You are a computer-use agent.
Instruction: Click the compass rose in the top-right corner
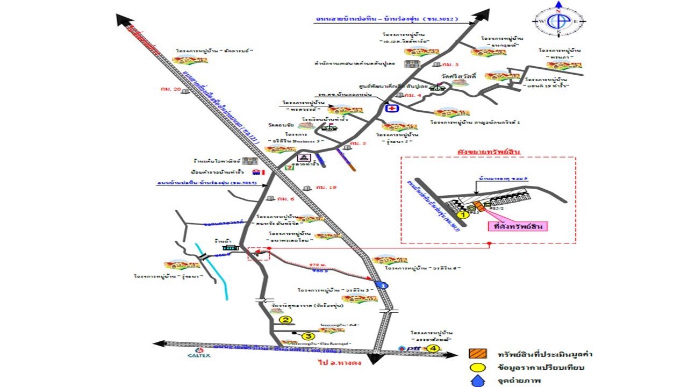pyautogui.click(x=558, y=21)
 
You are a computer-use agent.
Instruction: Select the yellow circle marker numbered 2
pyautogui.click(x=286, y=320)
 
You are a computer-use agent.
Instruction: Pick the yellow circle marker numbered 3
pyautogui.click(x=307, y=336)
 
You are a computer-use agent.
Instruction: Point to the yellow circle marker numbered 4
pyautogui.click(x=434, y=348)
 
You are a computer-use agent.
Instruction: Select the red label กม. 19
pyautogui.click(x=326, y=187)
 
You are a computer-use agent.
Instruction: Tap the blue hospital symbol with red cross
pyautogui.click(x=392, y=108)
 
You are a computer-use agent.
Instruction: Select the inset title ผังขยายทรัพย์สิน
pyautogui.click(x=489, y=152)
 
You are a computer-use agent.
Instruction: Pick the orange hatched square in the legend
pyautogui.click(x=477, y=354)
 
